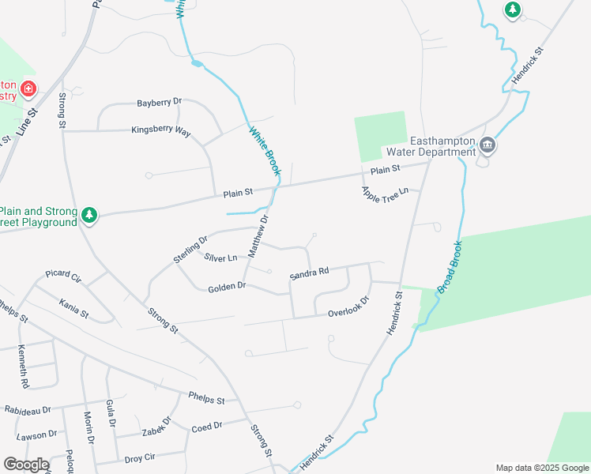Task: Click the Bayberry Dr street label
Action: click(x=160, y=102)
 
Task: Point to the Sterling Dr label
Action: click(x=190, y=250)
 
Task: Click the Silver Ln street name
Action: click(x=220, y=258)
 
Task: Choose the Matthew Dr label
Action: click(x=259, y=235)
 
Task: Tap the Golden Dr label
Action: click(x=228, y=288)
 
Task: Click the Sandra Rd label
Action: click(x=309, y=273)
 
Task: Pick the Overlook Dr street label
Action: click(x=349, y=307)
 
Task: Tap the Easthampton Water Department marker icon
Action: click(x=487, y=145)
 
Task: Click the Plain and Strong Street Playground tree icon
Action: click(x=90, y=215)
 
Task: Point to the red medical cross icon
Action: click(x=28, y=88)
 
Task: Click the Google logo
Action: click(x=26, y=465)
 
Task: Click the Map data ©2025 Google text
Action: click(x=541, y=468)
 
